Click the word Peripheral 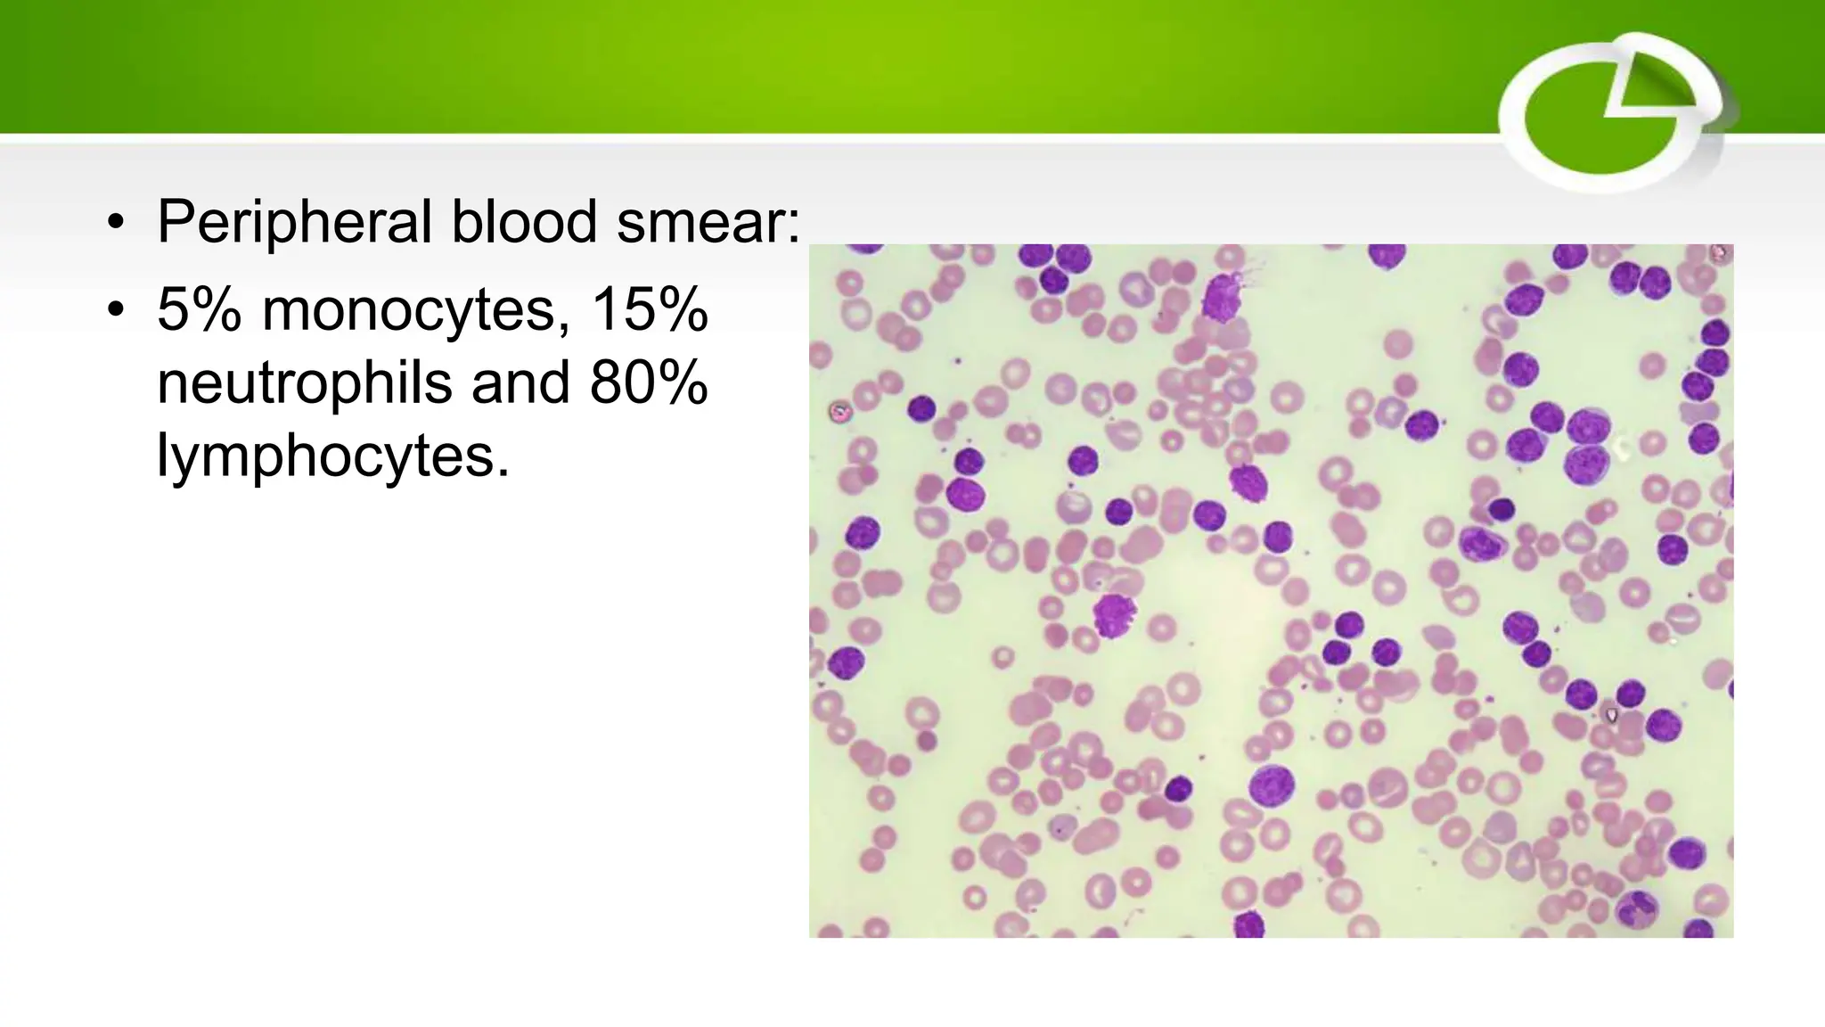click(295, 221)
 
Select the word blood click(524, 221)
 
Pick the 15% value click(649, 310)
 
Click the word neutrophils click(305, 382)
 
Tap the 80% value click(649, 382)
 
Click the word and click(520, 382)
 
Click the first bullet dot click(115, 223)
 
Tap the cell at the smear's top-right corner click(1718, 254)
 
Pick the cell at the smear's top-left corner click(860, 249)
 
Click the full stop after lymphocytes click(503, 474)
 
